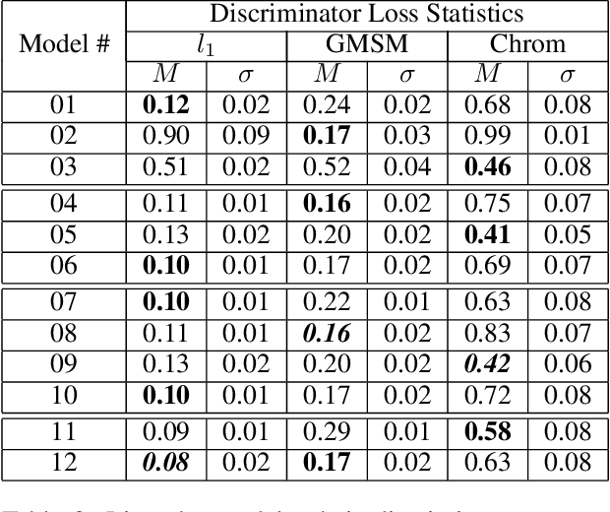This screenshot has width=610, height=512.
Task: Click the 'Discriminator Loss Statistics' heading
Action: click(x=366, y=15)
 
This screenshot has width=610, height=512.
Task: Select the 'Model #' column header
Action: click(x=63, y=44)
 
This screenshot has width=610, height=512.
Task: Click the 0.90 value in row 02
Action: click(x=166, y=133)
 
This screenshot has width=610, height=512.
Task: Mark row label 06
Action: click(x=63, y=263)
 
